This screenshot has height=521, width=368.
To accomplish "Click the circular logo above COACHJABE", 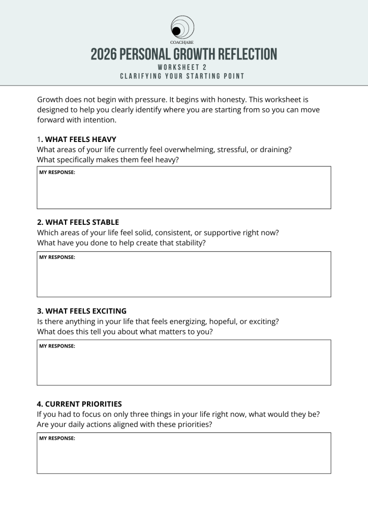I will tap(183, 26).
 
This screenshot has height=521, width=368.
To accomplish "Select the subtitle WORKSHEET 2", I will tap(182, 67).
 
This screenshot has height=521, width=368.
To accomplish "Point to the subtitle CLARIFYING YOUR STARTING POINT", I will tap(182, 76).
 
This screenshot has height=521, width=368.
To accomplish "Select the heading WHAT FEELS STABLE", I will tap(81, 222).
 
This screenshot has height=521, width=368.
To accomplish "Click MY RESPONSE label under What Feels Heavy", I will tap(57, 172).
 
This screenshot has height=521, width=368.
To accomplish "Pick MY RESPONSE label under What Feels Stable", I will tap(57, 257).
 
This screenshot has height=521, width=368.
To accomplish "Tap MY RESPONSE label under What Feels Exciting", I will tap(57, 346).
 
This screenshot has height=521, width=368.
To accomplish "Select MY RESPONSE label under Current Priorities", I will tap(57, 439).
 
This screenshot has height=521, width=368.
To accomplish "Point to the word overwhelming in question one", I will tap(187, 150).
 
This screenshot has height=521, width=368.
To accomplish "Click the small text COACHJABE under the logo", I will tap(183, 43).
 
